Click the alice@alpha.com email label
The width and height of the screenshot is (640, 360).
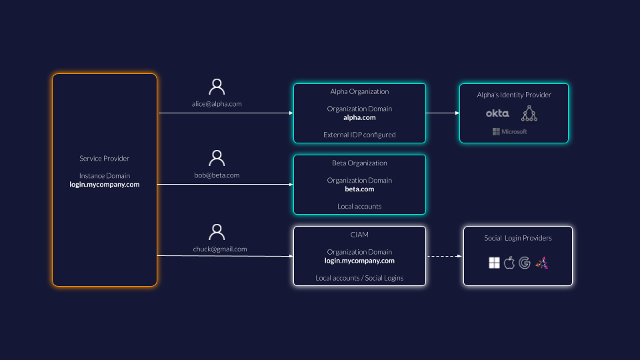click(x=217, y=103)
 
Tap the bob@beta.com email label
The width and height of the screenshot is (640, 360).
click(x=217, y=175)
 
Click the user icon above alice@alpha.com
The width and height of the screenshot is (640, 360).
click(x=217, y=87)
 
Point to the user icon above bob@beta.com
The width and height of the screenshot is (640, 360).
click(x=217, y=159)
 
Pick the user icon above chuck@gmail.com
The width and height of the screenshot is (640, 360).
click(x=217, y=232)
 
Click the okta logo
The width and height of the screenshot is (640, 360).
click(x=497, y=113)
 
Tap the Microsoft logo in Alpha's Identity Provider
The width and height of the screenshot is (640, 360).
click(x=510, y=131)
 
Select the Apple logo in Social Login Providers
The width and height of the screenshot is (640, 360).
click(x=509, y=263)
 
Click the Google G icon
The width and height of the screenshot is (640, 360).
click(x=525, y=263)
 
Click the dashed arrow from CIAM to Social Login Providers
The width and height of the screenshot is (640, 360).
click(x=444, y=256)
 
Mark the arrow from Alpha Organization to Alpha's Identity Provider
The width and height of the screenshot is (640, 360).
click(x=443, y=113)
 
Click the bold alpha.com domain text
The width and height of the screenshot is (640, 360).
click(x=359, y=117)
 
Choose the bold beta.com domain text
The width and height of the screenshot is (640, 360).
click(x=359, y=189)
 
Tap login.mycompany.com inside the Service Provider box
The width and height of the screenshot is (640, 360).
click(x=105, y=185)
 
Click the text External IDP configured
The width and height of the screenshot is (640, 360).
click(x=359, y=135)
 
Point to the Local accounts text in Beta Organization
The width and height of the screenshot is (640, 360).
click(x=359, y=207)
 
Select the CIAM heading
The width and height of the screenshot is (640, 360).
click(x=359, y=234)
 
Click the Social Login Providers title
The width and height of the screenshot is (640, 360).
click(x=518, y=238)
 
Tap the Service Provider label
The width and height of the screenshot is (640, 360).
click(x=105, y=159)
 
